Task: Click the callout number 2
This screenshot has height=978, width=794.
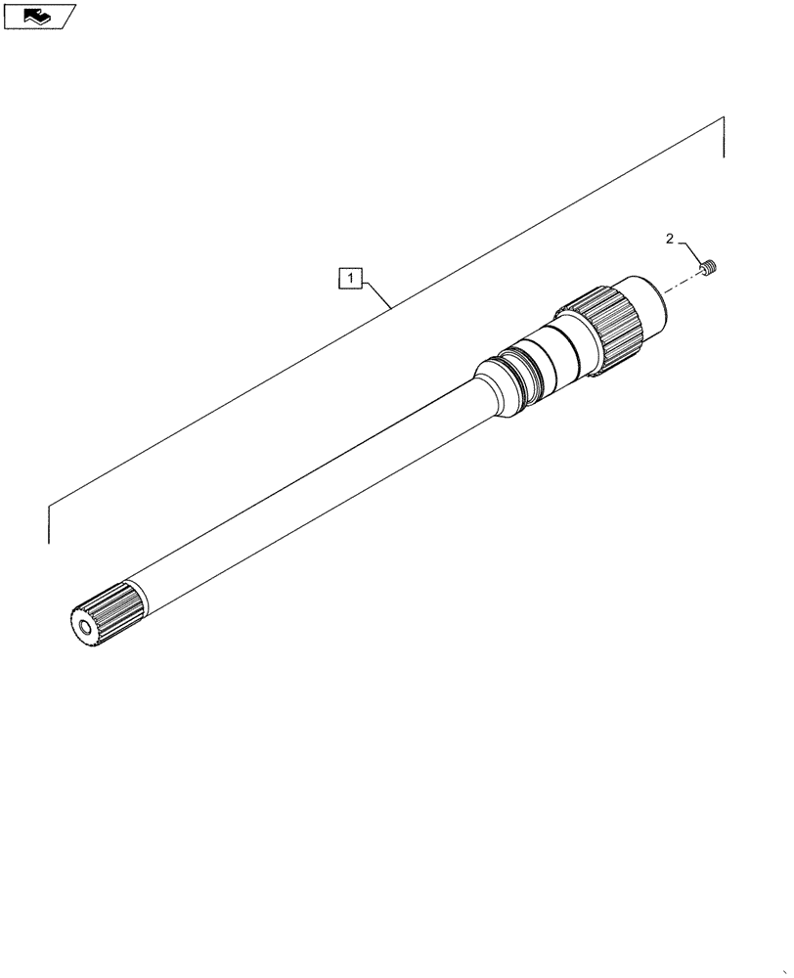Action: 669,239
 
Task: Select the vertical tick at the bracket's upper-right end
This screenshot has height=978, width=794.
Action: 725,138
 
